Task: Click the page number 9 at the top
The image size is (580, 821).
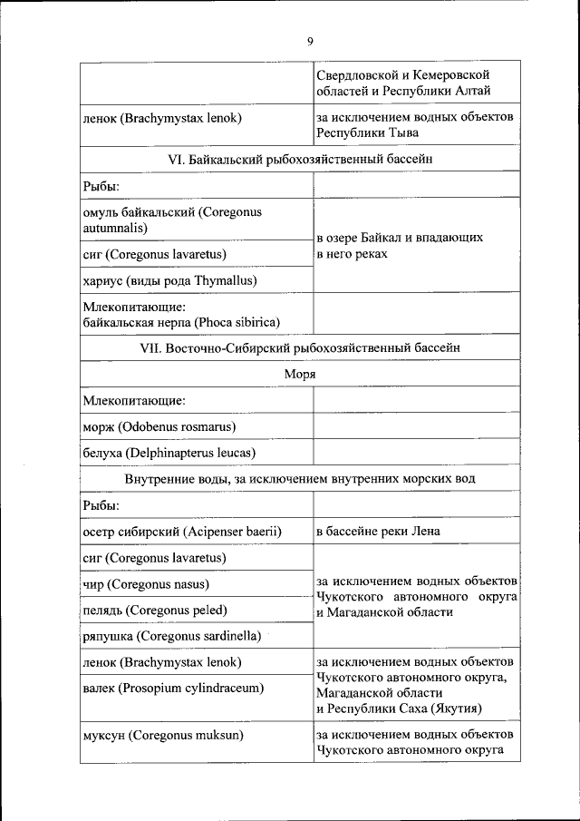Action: coord(310,42)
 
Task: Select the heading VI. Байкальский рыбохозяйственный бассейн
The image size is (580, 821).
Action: coord(298,159)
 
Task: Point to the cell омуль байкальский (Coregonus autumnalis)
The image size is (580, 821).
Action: coord(171,220)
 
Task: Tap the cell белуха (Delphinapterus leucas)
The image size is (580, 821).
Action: coord(169,452)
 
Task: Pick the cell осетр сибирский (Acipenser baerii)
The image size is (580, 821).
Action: coord(182,531)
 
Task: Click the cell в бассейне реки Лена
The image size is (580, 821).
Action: coord(378,531)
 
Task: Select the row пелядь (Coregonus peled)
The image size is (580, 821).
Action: coord(154,610)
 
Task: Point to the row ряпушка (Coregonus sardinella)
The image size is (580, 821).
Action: coord(171,635)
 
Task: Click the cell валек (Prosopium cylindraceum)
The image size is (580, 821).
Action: coord(172,688)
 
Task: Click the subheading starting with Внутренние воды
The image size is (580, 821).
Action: coord(299,478)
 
